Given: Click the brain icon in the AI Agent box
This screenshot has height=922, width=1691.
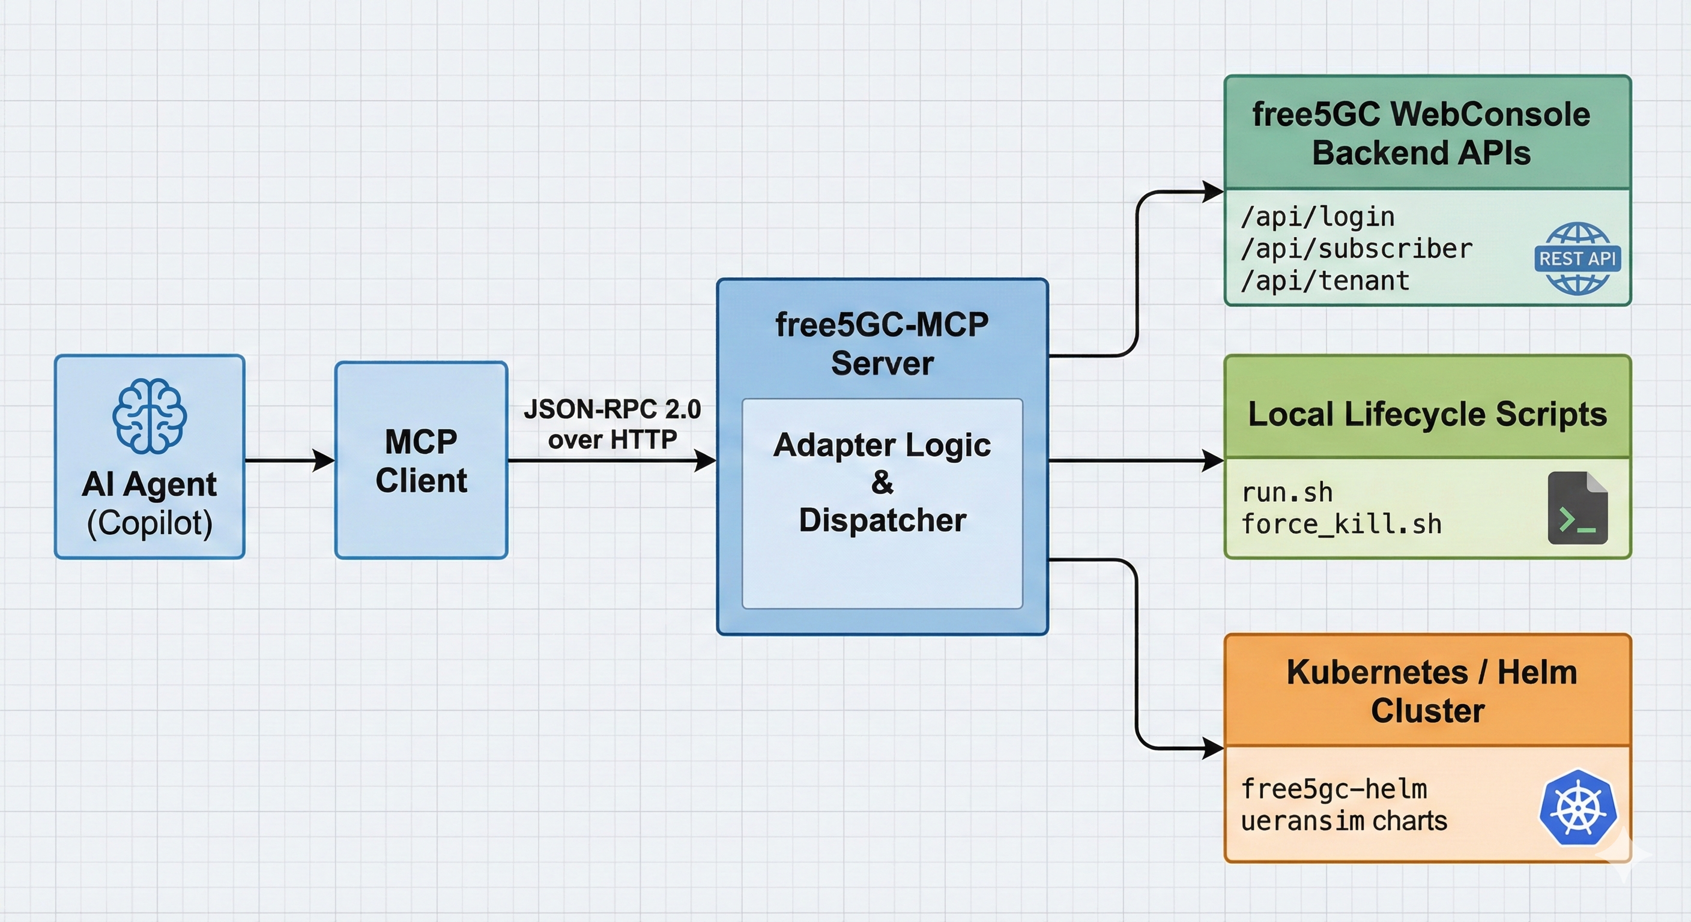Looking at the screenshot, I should click(149, 416).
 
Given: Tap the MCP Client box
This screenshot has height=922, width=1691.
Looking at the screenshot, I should click(421, 460).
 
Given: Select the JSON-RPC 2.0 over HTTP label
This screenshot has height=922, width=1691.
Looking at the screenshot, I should click(612, 424).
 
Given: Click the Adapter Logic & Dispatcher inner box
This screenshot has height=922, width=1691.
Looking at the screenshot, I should click(882, 502).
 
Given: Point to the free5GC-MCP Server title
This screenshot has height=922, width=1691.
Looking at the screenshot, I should click(882, 343).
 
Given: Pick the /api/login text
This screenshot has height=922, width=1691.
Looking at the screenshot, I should click(1317, 217).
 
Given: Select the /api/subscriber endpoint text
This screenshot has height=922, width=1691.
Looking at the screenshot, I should click(1356, 249).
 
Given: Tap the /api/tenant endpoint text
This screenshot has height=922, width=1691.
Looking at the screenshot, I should click(1325, 281).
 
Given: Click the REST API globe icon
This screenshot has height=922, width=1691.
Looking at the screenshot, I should click(1578, 259).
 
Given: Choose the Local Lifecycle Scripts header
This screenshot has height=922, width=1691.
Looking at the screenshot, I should click(1427, 414).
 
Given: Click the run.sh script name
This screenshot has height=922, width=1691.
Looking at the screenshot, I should click(1287, 492).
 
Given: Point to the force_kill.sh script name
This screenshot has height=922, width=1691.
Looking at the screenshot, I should click(1341, 524).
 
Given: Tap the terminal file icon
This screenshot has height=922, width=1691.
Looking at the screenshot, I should click(1578, 508).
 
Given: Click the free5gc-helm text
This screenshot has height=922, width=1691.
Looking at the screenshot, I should click(1334, 789).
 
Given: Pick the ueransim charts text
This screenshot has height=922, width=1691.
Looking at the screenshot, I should click(1344, 821).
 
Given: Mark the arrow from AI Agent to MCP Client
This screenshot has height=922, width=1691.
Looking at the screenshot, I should click(289, 460).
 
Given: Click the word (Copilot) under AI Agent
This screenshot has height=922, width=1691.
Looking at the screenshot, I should click(150, 523).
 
